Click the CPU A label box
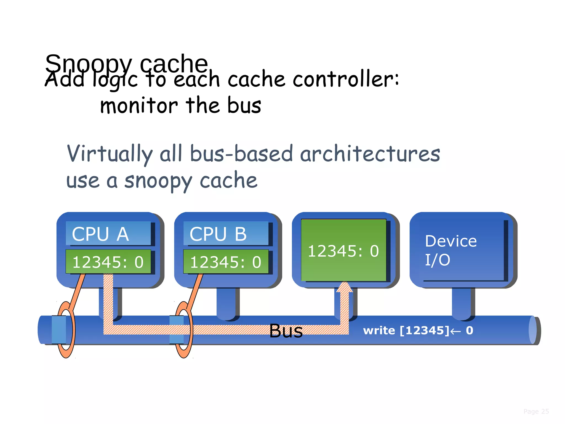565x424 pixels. (108, 234)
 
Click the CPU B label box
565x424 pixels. (226, 234)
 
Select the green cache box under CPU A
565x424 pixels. (108, 261)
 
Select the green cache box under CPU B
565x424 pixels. (226, 261)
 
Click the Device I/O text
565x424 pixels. (451, 250)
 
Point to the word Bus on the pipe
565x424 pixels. (286, 331)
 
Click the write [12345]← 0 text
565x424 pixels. (418, 330)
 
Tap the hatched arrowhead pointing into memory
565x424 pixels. (344, 287)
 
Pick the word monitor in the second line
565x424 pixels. (139, 106)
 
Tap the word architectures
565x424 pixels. (370, 154)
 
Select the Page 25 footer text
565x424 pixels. (536, 411)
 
